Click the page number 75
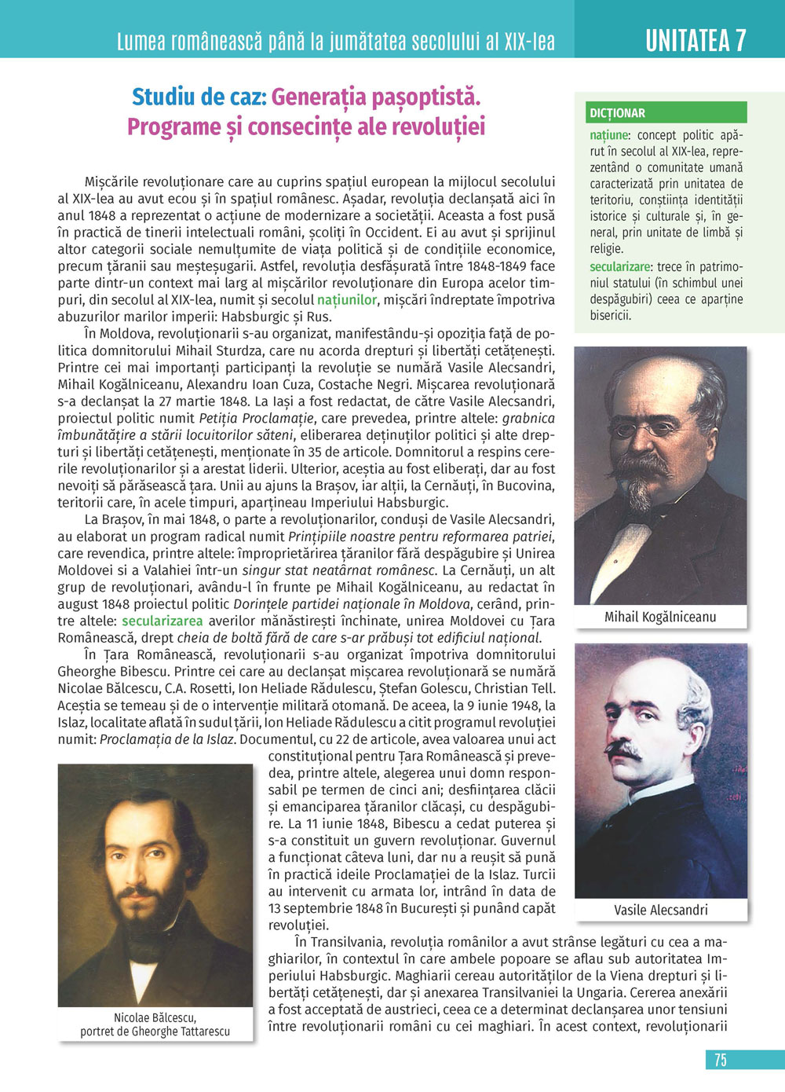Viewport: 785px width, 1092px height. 721,1060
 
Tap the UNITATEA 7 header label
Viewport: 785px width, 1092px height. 696,40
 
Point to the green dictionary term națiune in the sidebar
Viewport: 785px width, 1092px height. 609,135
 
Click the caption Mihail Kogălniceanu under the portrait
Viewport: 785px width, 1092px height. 660,617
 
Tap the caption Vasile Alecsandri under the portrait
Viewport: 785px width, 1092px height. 661,910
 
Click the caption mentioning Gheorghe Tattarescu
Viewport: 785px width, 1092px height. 155,1031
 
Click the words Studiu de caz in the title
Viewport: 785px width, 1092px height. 199,97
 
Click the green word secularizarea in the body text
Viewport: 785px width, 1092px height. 162,621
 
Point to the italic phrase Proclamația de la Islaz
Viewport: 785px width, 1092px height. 167,739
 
